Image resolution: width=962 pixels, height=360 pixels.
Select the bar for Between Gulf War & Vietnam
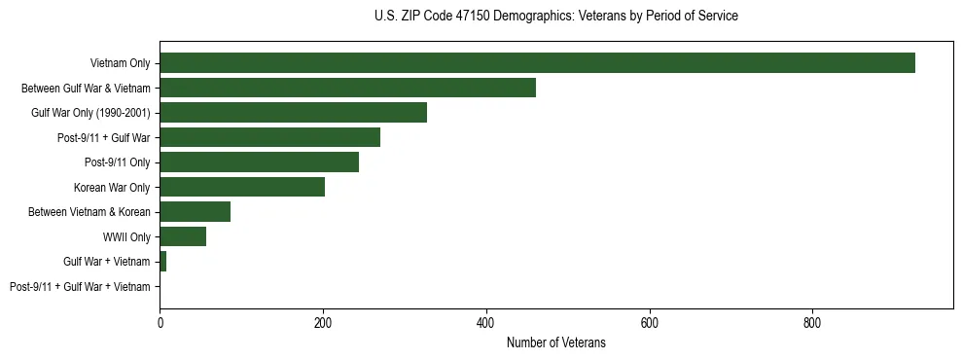[347, 88]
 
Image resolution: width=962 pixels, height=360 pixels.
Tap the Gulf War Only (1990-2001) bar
[293, 113]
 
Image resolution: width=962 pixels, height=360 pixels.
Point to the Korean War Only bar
[242, 187]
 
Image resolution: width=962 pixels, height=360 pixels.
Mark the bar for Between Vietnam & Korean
[195, 212]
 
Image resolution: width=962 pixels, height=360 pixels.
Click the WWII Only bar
[183, 236]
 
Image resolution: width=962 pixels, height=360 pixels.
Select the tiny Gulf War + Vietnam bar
[163, 262]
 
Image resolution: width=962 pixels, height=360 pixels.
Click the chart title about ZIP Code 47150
[555, 17]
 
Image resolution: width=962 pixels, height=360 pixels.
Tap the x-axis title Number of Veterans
[555, 342]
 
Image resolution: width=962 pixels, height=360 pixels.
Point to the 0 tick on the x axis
[160, 322]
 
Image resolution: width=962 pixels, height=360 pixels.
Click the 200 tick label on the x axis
[323, 322]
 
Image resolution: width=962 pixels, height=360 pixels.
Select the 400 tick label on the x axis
[486, 322]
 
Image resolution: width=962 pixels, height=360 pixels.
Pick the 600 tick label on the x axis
[650, 322]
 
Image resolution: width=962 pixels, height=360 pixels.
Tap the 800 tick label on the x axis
[812, 322]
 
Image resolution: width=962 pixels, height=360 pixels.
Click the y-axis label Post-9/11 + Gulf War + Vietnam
[80, 287]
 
